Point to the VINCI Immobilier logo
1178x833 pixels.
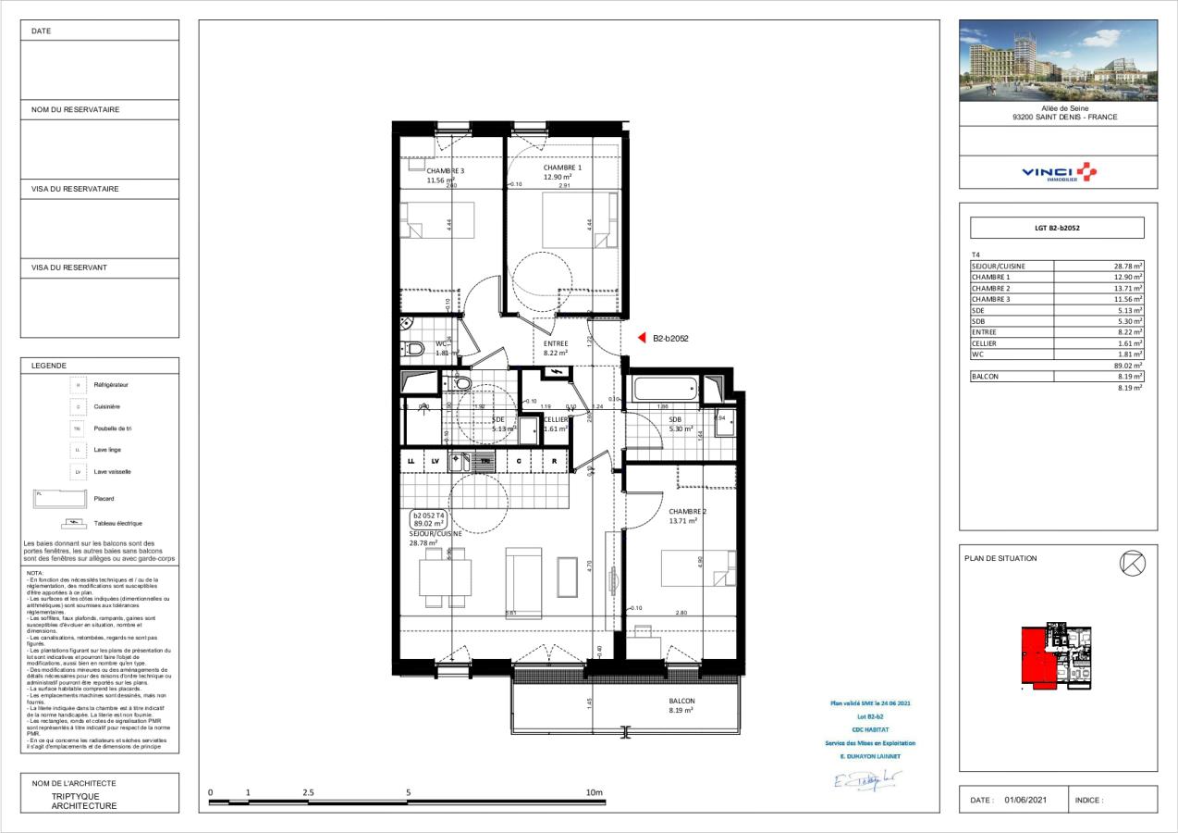(x=1058, y=172)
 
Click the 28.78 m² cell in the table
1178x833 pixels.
(x=1128, y=266)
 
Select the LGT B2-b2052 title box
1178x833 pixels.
(x=1057, y=228)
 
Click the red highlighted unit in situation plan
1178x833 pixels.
(x=1034, y=657)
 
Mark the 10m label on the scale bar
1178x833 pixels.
(x=594, y=792)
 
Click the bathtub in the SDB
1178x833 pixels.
(x=665, y=390)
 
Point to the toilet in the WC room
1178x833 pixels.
(x=413, y=349)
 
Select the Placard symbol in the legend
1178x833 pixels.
(x=55, y=499)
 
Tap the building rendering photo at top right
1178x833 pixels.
(x=1058, y=60)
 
